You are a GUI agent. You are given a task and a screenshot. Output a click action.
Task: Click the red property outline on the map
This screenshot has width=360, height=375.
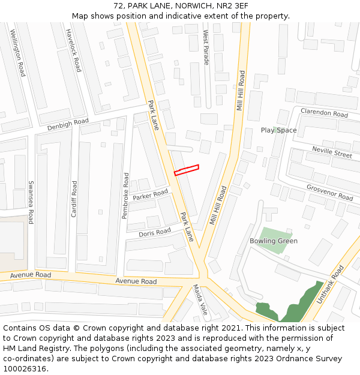coord(187,170)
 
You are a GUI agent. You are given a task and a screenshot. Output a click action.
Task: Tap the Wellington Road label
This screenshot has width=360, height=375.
coord(17,52)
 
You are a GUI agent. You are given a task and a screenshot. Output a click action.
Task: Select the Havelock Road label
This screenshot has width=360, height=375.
coord(73,50)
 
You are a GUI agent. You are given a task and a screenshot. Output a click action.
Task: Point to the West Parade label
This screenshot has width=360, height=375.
coord(206,47)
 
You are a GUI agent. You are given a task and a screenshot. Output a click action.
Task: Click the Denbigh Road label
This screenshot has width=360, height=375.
coord(68,125)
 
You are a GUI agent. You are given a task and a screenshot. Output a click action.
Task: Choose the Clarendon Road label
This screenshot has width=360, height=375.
coord(324,113)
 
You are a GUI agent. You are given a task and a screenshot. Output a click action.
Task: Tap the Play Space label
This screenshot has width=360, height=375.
coord(278,130)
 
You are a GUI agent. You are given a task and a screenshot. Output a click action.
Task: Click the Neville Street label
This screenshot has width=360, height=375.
coord(332,153)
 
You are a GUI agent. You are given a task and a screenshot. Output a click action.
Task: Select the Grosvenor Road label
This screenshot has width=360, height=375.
coord(329,192)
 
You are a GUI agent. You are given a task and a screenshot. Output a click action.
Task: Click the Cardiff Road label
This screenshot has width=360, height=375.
coord(74,199)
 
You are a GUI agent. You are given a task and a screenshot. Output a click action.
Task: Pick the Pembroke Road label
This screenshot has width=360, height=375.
coord(125,196)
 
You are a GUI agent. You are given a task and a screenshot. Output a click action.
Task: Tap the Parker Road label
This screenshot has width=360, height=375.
coord(151,195)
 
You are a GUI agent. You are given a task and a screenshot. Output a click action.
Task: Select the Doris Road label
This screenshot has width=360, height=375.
coord(155,232)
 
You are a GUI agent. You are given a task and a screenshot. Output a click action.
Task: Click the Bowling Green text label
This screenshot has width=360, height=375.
coord(274,241)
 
